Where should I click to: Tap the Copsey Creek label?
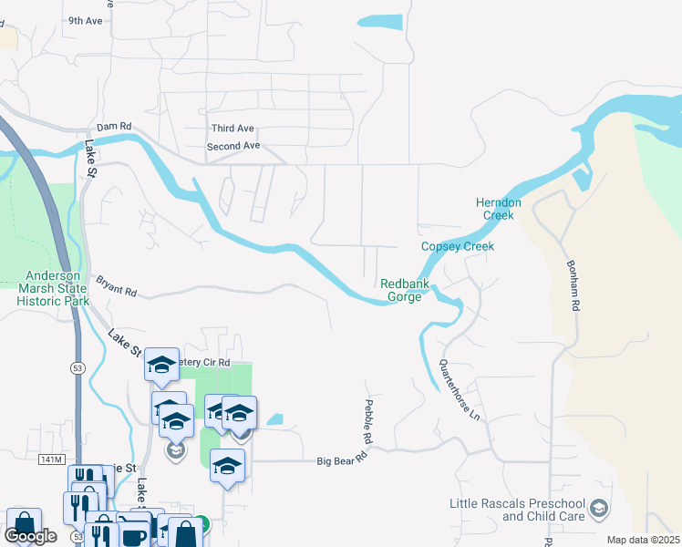point(458,247)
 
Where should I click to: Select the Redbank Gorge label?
point(401,290)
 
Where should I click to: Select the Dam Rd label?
point(115,127)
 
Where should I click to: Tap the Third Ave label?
point(232,129)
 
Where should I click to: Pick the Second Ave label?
point(233,146)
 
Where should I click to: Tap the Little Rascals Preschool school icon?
point(598,508)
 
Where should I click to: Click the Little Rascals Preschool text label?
point(517,511)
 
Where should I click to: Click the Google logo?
point(30,536)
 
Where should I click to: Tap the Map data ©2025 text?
point(642,540)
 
